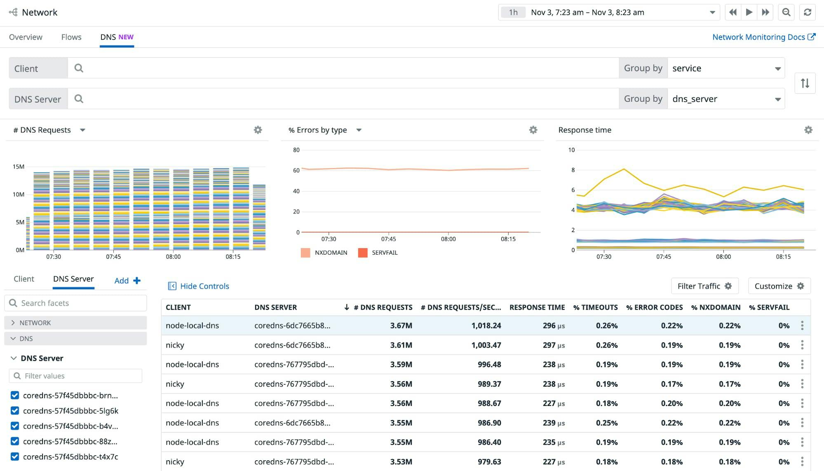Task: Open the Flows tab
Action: (x=71, y=37)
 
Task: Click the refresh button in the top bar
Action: (x=807, y=12)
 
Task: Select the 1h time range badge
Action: (x=513, y=12)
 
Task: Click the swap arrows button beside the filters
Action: (x=805, y=83)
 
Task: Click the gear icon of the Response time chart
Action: (x=808, y=130)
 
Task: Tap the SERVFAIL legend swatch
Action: (x=363, y=253)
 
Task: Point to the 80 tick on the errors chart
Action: (x=296, y=150)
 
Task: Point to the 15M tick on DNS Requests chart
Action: (x=19, y=167)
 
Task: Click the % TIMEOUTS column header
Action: (x=595, y=307)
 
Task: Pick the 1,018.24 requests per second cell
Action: (x=486, y=326)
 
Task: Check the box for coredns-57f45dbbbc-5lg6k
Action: (x=15, y=411)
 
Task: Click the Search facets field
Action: (x=78, y=303)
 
